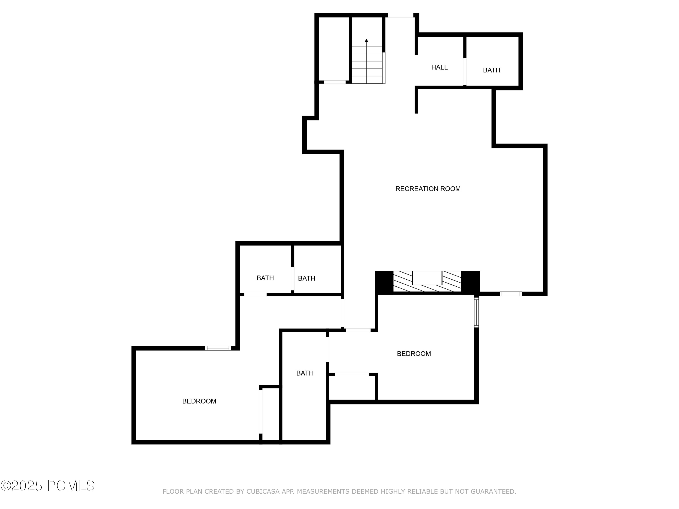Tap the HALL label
click(439, 67)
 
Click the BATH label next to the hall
click(491, 70)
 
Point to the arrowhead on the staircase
click(366, 40)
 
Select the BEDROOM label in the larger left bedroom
click(199, 401)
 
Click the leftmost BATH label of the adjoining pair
click(265, 278)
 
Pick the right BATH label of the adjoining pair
click(306, 278)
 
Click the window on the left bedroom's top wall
click(218, 348)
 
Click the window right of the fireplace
click(510, 294)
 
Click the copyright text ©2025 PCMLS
click(48, 486)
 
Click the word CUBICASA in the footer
click(263, 492)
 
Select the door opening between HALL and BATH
click(465, 71)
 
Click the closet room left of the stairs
click(334, 49)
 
